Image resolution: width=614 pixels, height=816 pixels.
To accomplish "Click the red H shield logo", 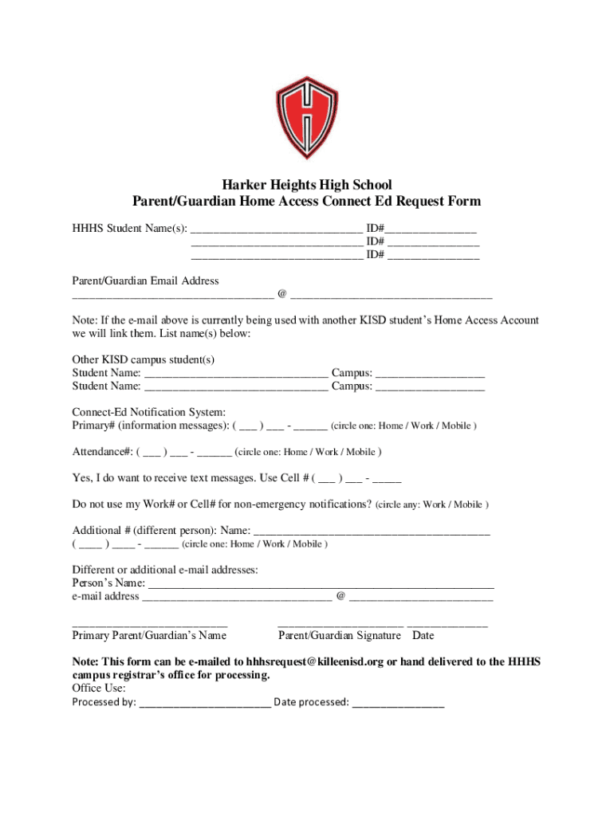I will point(307,118).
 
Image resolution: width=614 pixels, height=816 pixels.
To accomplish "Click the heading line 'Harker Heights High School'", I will point(307,185).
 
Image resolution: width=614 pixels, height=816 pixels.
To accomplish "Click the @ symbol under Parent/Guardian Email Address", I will point(282,295).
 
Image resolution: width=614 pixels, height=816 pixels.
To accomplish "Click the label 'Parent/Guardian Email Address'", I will point(145,280).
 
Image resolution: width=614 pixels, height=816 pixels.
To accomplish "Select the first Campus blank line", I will point(430,374).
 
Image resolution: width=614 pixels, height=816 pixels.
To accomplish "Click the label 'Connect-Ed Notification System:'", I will point(149,412).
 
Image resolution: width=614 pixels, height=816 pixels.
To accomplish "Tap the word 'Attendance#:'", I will point(102,452).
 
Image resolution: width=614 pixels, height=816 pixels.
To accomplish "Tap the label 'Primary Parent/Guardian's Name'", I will point(149,635).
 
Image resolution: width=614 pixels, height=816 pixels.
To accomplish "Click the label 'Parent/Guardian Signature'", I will point(339,635).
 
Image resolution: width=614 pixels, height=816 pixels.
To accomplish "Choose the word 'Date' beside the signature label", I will point(423,635).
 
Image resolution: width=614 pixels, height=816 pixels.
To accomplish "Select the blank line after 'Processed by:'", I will point(205,704).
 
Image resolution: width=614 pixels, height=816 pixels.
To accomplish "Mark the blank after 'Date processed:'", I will point(398,704).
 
